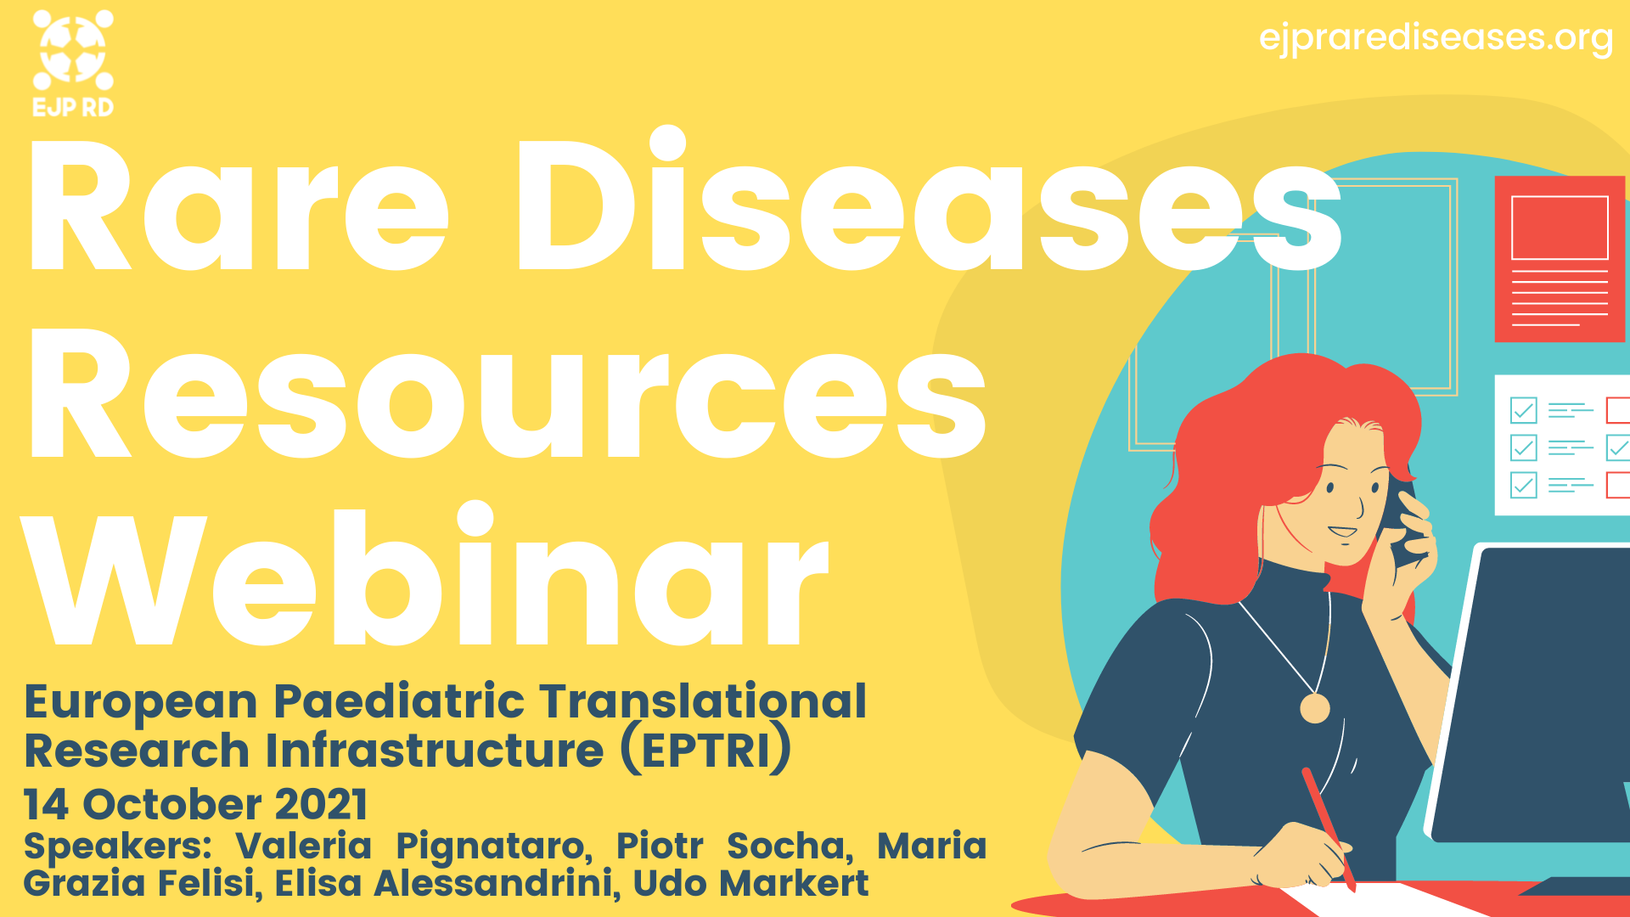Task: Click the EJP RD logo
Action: [73, 64]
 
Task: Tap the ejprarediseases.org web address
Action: [1436, 38]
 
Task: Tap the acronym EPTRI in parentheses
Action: [705, 751]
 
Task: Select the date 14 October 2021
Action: [196, 804]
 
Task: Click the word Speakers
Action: [117, 847]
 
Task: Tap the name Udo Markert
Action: [751, 883]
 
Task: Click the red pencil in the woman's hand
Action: [1329, 828]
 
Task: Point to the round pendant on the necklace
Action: [1315, 708]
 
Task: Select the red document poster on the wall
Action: [1560, 259]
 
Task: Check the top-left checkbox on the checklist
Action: [1524, 410]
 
